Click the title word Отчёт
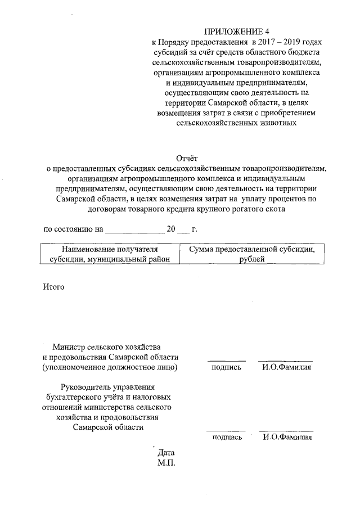[x=188, y=157]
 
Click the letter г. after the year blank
[x=195, y=229]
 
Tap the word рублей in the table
[x=251, y=259]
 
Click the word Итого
[x=54, y=287]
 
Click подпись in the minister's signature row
[x=226, y=367]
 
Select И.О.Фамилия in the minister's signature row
[x=286, y=367]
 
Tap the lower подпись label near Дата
[x=227, y=437]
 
